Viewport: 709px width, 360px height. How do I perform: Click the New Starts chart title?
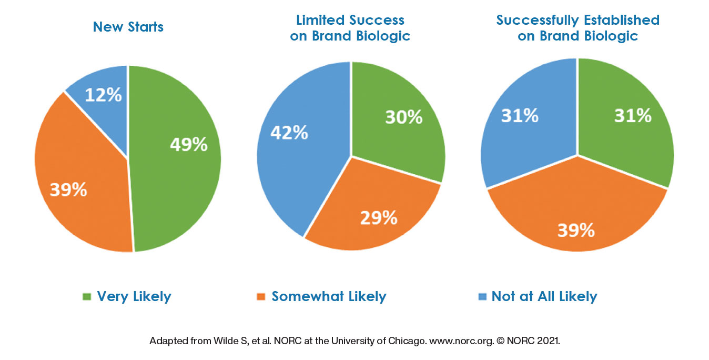click(x=128, y=27)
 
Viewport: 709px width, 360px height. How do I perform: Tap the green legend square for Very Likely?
click(x=87, y=296)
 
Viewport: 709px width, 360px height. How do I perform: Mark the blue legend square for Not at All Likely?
click(x=482, y=296)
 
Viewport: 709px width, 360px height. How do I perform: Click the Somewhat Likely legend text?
click(x=329, y=296)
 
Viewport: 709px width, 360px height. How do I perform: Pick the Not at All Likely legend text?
click(x=544, y=296)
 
